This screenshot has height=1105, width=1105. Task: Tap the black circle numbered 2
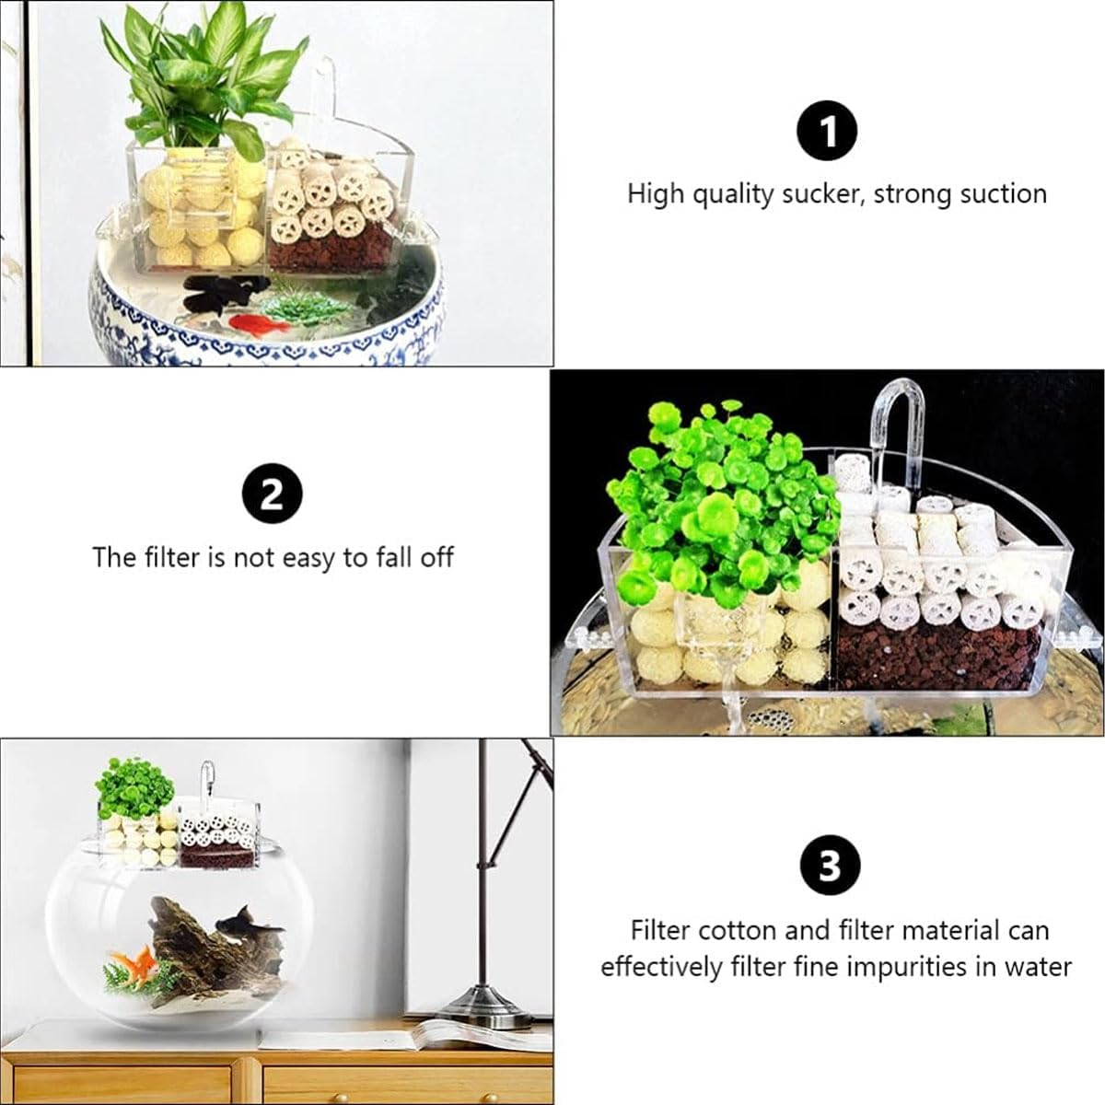point(272,495)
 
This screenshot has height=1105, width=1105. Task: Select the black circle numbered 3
point(827,866)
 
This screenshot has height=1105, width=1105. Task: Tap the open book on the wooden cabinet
point(460,1034)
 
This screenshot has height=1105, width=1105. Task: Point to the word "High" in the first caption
point(655,194)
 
